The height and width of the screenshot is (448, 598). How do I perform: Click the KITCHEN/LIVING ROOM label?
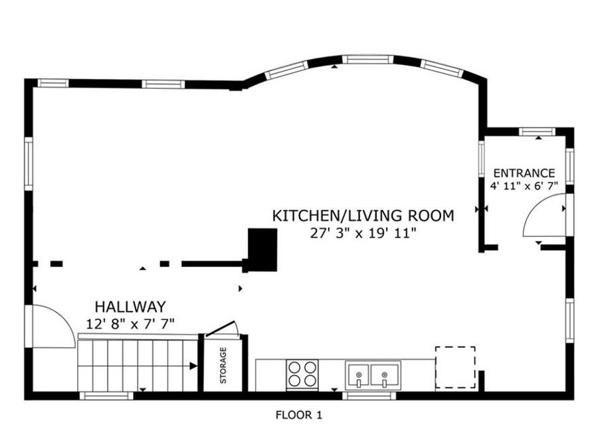363,216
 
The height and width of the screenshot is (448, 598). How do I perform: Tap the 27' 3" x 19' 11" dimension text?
362,233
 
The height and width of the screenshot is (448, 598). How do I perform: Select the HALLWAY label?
130,307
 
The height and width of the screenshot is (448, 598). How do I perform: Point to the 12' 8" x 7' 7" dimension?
130,324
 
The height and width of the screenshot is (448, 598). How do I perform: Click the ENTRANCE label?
524,173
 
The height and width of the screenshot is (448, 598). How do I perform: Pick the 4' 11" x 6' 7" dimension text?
524,186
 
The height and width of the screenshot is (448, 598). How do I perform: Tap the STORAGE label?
223,365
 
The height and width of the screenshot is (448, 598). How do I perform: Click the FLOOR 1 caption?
299,415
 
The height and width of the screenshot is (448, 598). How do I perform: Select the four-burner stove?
302,375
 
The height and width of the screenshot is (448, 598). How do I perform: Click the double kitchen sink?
373,376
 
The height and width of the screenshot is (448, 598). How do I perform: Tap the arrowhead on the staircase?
193,366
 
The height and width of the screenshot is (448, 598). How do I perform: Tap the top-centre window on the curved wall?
367,60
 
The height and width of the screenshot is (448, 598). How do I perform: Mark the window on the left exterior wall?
29,163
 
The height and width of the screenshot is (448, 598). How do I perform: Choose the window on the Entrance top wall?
538,132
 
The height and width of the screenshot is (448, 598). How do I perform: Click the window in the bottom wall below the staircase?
106,396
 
